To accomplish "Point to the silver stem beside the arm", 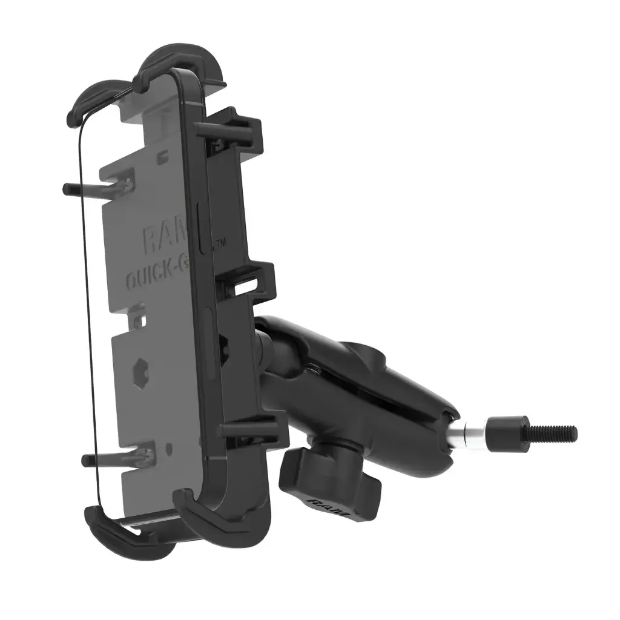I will [x=471, y=432].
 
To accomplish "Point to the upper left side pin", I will [x=91, y=188].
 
